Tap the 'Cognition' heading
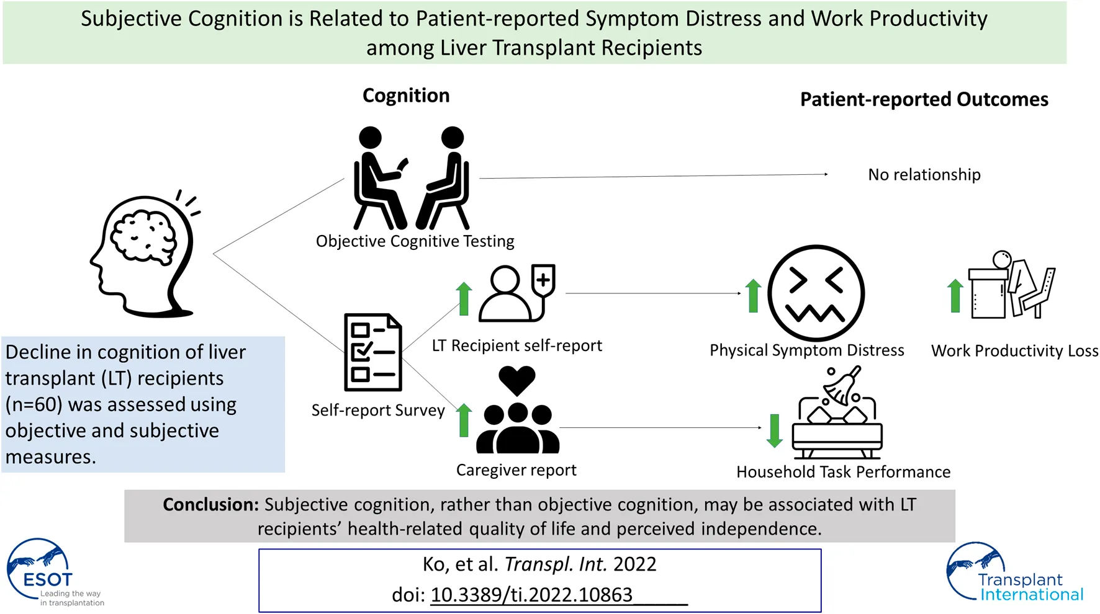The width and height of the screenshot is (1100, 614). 406,96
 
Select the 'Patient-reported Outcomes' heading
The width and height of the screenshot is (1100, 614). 924,99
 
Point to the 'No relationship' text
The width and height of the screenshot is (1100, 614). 924,175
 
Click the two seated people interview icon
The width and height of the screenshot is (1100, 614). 411,178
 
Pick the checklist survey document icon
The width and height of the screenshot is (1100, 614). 373,352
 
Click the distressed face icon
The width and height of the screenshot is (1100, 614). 816,293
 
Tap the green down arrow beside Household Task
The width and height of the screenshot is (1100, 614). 774,430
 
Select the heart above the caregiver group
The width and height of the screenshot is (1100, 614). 516,380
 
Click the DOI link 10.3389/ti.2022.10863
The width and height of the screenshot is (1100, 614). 531,595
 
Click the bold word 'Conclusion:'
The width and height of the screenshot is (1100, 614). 210,505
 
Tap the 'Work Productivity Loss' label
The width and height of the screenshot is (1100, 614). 1014,351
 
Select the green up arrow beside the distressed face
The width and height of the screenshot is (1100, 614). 753,295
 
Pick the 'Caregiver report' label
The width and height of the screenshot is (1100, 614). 516,470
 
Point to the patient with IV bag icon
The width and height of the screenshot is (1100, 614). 516,293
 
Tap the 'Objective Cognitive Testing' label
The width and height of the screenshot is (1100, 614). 415,241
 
